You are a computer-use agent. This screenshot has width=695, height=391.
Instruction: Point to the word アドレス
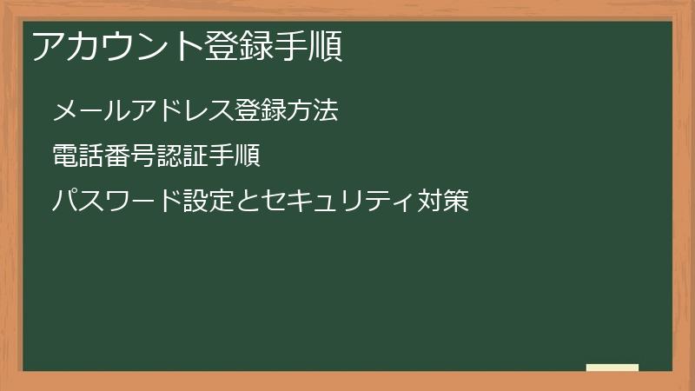182,110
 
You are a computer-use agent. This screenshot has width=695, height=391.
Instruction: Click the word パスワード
116,202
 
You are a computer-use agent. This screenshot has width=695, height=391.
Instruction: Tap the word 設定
209,202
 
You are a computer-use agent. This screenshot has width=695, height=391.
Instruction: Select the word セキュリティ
338,202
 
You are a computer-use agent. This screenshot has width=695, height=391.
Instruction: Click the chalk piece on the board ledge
612,368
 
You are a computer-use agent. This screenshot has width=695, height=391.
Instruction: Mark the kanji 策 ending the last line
456,202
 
